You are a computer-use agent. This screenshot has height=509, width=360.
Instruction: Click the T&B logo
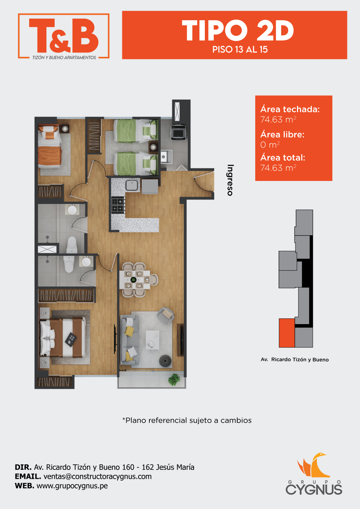64,36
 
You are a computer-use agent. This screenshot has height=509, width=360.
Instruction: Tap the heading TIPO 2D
238,31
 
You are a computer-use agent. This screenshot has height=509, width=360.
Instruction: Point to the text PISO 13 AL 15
240,50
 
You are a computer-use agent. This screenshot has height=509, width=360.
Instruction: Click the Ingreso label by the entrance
230,180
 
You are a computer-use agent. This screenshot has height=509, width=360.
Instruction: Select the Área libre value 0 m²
270,145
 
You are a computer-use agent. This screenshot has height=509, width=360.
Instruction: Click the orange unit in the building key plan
287,333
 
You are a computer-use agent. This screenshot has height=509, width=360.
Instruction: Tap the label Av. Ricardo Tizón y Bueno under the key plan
294,359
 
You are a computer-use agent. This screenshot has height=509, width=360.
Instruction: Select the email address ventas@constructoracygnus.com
98,477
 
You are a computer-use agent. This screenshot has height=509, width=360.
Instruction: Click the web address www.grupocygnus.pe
72,486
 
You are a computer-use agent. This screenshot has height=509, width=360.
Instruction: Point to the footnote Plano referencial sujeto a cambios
187,421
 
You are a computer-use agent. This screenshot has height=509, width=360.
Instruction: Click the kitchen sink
132,184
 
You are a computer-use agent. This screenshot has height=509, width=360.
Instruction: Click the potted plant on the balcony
174,380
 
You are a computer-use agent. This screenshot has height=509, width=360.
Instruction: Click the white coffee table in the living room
152,340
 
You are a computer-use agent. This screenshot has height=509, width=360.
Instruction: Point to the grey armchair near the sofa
166,315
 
